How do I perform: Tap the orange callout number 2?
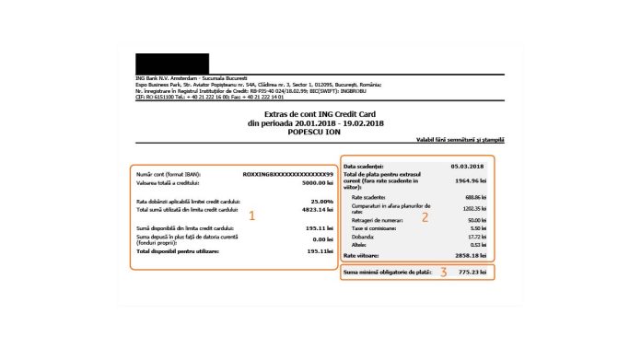point(425,217)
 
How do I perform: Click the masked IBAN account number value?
point(287,172)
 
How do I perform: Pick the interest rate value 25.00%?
point(320,200)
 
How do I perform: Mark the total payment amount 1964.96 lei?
point(469,181)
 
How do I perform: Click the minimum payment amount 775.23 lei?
point(472,273)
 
